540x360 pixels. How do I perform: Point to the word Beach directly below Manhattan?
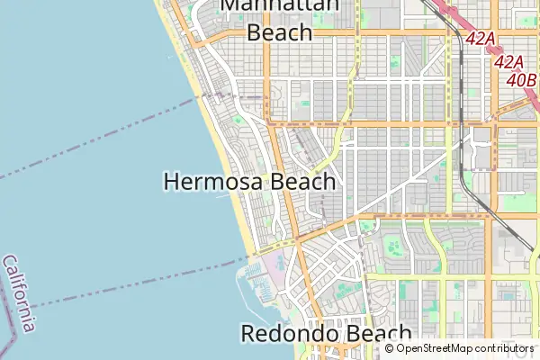tap(280, 32)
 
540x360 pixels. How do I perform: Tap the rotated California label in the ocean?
tap(20, 293)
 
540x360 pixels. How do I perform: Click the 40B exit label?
tap(521, 80)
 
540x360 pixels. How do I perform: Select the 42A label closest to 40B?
tap(509, 61)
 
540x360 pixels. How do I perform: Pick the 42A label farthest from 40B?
tap(481, 39)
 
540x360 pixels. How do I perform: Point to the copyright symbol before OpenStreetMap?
tap(389, 348)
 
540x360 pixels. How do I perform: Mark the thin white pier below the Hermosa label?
tap(222, 197)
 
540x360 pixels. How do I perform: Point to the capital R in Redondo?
tap(249, 334)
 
